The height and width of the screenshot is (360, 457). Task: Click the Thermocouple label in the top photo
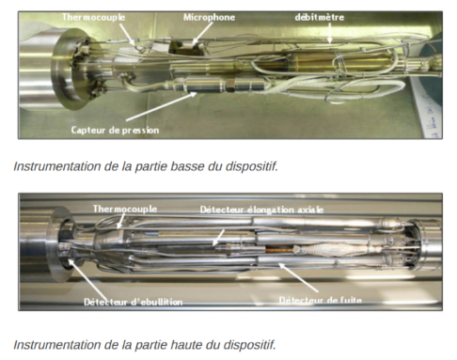pyautogui.click(x=94, y=17)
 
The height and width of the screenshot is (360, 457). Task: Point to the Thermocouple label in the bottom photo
pyautogui.click(x=125, y=207)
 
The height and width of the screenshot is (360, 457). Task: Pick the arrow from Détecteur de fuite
pyautogui.click(x=301, y=279)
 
